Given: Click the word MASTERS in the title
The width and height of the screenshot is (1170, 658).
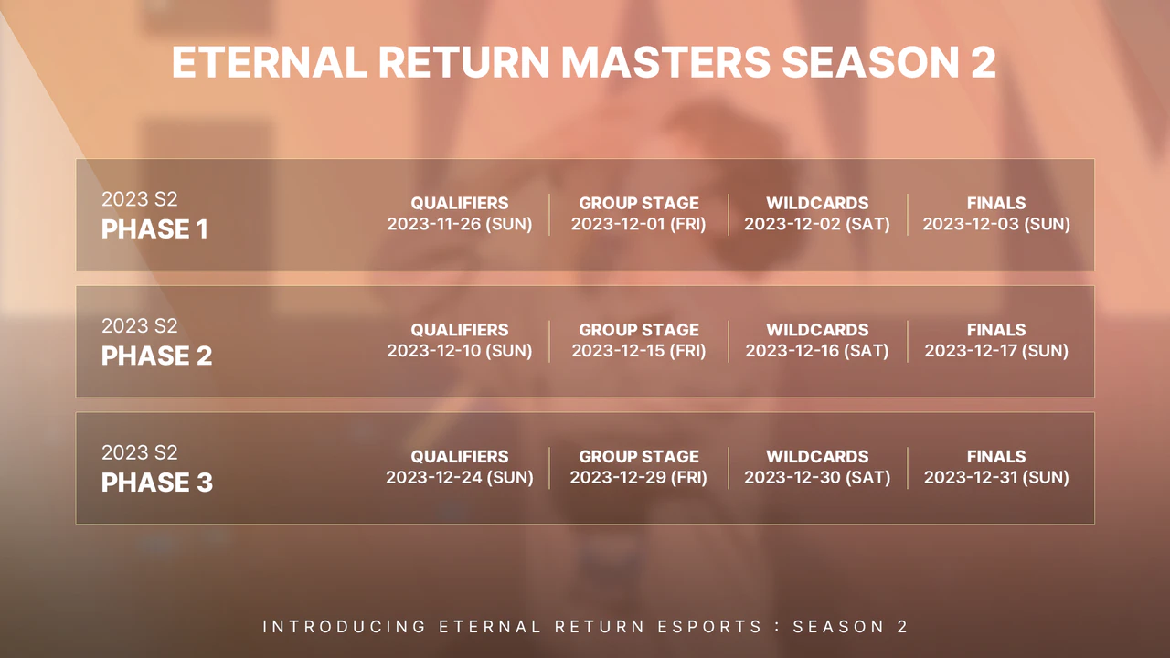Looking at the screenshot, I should pos(665,63).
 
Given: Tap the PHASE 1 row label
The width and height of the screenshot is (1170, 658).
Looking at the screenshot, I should pos(154,229).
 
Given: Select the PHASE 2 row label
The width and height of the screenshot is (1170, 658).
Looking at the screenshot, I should pos(156,356).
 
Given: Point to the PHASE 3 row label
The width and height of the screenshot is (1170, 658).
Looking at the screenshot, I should pos(156,483).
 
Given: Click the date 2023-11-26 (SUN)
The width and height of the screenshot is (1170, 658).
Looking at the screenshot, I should pos(459,224).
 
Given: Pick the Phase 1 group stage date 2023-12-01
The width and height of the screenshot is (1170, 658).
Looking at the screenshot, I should pos(638,224).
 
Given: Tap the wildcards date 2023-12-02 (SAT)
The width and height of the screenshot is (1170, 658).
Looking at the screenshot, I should pos(816,224).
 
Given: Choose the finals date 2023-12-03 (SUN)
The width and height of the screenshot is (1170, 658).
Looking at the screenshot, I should pos(995,224).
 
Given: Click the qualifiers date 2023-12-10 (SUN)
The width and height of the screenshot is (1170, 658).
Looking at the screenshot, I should pos(459,350).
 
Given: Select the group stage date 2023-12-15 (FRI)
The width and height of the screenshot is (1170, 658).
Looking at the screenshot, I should pos(638,350).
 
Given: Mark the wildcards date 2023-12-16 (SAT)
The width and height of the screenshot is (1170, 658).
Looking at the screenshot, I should pos(816,350).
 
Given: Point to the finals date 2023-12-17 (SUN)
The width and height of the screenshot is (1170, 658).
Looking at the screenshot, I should pos(995,350).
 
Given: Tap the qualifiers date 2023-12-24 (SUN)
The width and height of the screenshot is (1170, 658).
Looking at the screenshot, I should pos(459,477).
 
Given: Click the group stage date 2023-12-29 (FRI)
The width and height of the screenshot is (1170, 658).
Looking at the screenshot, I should pos(638,477).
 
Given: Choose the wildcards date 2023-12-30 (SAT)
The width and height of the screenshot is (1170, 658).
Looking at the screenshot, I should pos(816,477).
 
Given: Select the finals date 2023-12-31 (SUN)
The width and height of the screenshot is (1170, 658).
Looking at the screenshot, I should pos(995,477).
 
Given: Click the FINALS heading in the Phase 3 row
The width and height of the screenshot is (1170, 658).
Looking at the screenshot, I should pos(995,456).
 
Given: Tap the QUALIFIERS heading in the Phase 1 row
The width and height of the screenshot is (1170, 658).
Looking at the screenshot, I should pos(459,203).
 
